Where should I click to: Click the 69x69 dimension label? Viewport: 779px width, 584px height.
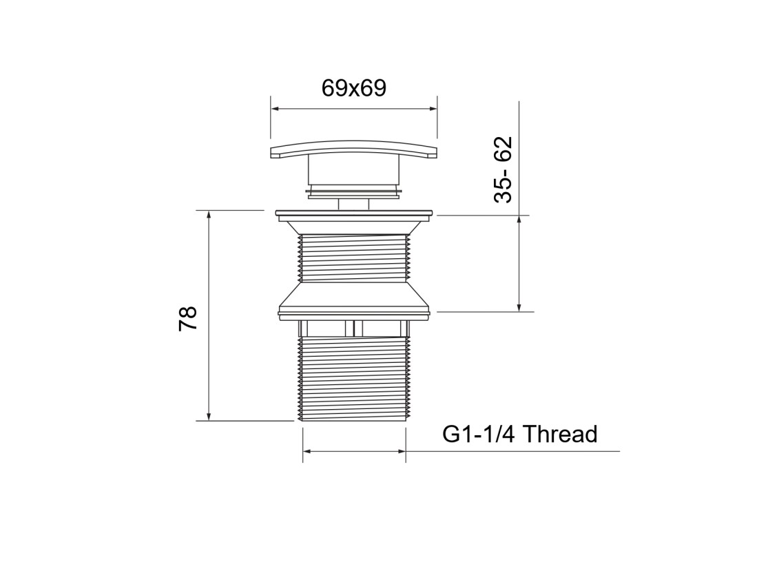[353, 88]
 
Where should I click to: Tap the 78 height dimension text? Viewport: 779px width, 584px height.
[188, 318]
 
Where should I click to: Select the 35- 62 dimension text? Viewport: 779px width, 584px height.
[503, 169]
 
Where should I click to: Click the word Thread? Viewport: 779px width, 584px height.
[561, 434]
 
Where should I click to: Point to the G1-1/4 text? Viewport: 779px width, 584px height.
[479, 434]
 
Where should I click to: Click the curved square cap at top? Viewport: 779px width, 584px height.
[354, 149]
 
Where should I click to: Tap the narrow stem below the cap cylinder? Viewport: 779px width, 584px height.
[354, 204]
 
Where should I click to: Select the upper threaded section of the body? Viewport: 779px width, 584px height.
[354, 258]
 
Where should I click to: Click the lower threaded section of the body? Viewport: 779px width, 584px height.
[354, 378]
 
